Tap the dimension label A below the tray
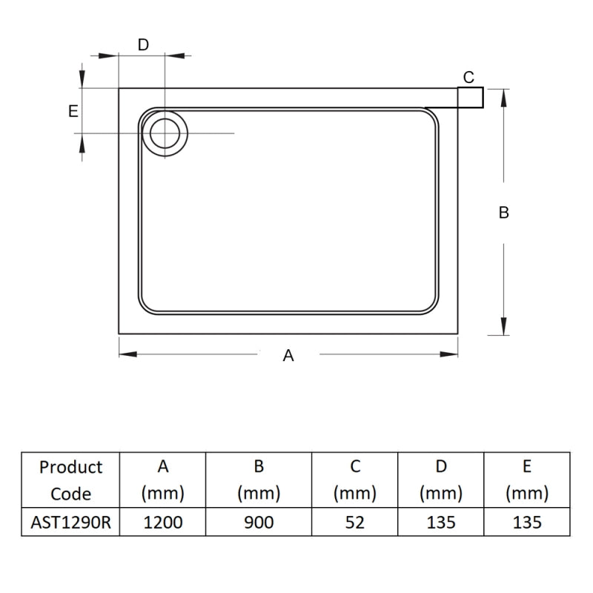pos(288,356)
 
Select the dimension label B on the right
pos(504,213)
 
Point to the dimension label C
pos(468,77)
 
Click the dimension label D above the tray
pos(144,44)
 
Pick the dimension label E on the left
pos(73,111)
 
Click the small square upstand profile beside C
pos(471,97)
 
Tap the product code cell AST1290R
pos(71,522)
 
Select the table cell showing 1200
pos(163,522)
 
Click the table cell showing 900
pos(259,522)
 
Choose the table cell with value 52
pos(355,522)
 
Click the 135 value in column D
pos(441,522)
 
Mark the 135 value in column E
pos(527,522)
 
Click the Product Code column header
pos(71,480)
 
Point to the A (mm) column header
pos(163,480)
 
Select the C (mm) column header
pos(355,480)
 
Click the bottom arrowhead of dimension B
pos(504,327)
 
